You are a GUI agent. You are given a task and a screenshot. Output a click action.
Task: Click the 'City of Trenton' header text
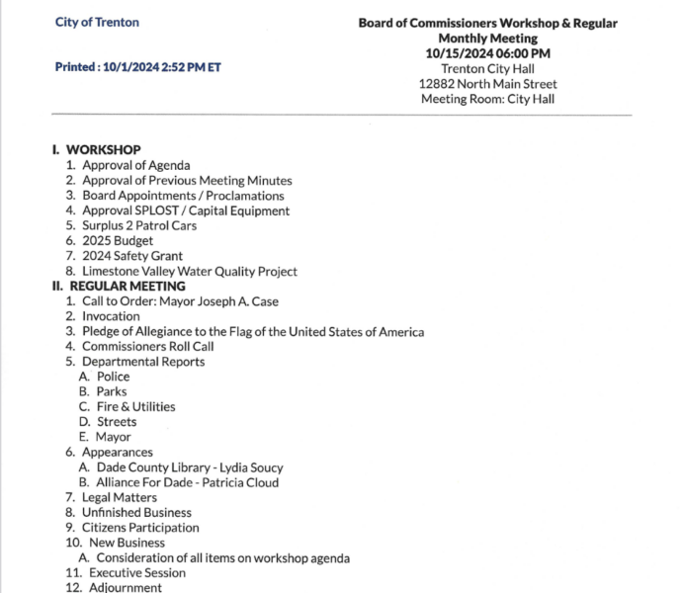(97, 22)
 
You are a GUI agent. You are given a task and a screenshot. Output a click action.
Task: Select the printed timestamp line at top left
(137, 68)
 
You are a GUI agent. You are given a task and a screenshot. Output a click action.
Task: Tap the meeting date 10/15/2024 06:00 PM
(487, 53)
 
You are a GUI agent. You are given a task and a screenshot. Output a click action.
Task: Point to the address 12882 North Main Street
(487, 84)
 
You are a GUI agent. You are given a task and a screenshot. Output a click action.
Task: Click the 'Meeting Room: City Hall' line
(487, 99)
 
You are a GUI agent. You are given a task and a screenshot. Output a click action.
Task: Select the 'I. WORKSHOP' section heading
(96, 150)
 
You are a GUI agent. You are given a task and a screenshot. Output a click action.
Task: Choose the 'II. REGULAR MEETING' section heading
(104, 287)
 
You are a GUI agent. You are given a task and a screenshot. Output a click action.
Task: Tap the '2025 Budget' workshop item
(118, 241)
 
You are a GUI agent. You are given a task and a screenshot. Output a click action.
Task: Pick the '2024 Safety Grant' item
(132, 256)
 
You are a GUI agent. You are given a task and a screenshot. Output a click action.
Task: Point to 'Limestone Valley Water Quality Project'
(189, 272)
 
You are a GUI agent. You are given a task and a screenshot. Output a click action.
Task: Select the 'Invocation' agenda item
(111, 316)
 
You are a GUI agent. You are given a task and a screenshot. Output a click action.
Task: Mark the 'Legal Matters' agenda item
(119, 497)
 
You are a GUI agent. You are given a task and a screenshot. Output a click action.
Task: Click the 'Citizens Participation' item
(136, 528)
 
